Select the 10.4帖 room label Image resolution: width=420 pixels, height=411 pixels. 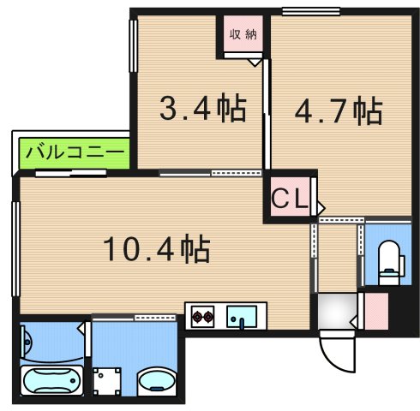coord(157,249)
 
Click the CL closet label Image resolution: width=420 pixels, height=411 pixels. coord(290,198)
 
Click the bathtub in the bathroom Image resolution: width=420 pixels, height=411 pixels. coord(51,378)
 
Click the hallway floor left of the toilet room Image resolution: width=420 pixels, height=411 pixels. coord(338,257)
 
